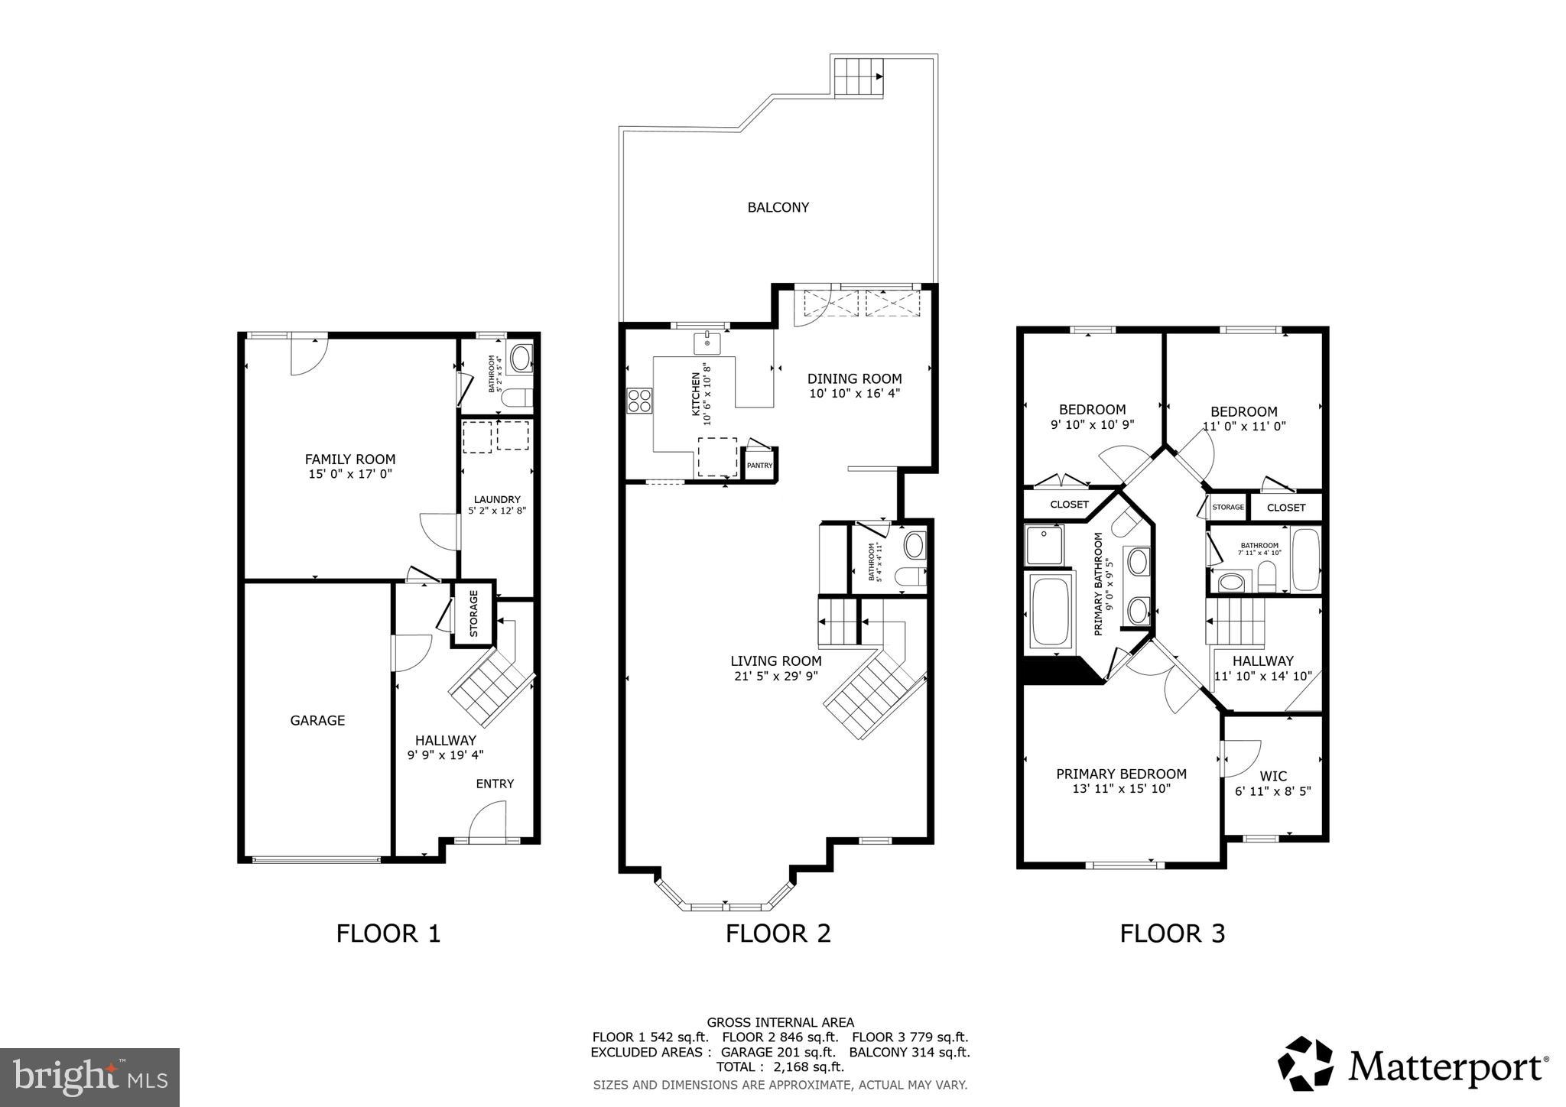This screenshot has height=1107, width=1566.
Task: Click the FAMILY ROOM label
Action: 350,459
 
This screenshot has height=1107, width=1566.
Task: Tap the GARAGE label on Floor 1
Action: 317,720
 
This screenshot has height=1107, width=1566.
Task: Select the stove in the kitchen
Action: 640,401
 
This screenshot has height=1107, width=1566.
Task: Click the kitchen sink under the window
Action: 707,343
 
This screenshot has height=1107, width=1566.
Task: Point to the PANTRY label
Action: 759,466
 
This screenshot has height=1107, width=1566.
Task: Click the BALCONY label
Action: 778,207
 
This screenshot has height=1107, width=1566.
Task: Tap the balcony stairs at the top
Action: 858,76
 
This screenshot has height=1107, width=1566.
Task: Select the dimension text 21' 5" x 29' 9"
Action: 775,676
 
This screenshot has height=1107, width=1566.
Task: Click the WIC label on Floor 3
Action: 1273,776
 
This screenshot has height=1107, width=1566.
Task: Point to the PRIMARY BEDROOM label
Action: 1121,774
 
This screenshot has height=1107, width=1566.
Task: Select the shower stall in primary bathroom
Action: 1044,544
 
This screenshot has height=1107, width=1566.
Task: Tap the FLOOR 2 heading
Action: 778,933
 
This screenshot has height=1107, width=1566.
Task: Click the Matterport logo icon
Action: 1306,1063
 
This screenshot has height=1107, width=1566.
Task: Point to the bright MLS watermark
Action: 89,1077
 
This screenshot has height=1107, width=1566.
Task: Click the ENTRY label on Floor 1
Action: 495,784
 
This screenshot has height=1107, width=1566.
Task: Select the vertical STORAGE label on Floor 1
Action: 473,614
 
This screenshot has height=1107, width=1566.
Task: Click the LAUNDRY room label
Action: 497,499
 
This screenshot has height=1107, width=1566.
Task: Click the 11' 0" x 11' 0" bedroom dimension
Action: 1244,427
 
